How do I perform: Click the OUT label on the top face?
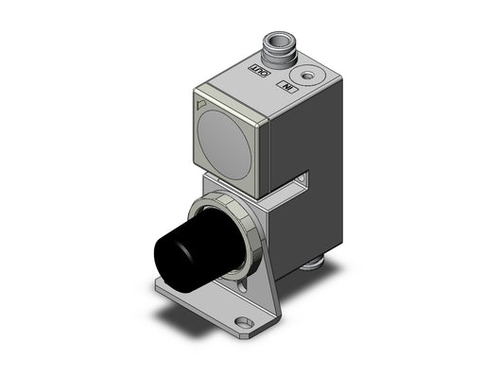(260, 70)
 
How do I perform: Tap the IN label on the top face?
(286, 86)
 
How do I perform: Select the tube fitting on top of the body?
(278, 48)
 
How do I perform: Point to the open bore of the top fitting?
(279, 41)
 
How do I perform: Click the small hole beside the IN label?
(306, 76)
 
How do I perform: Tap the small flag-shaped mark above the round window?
(201, 104)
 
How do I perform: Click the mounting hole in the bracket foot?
(244, 323)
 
